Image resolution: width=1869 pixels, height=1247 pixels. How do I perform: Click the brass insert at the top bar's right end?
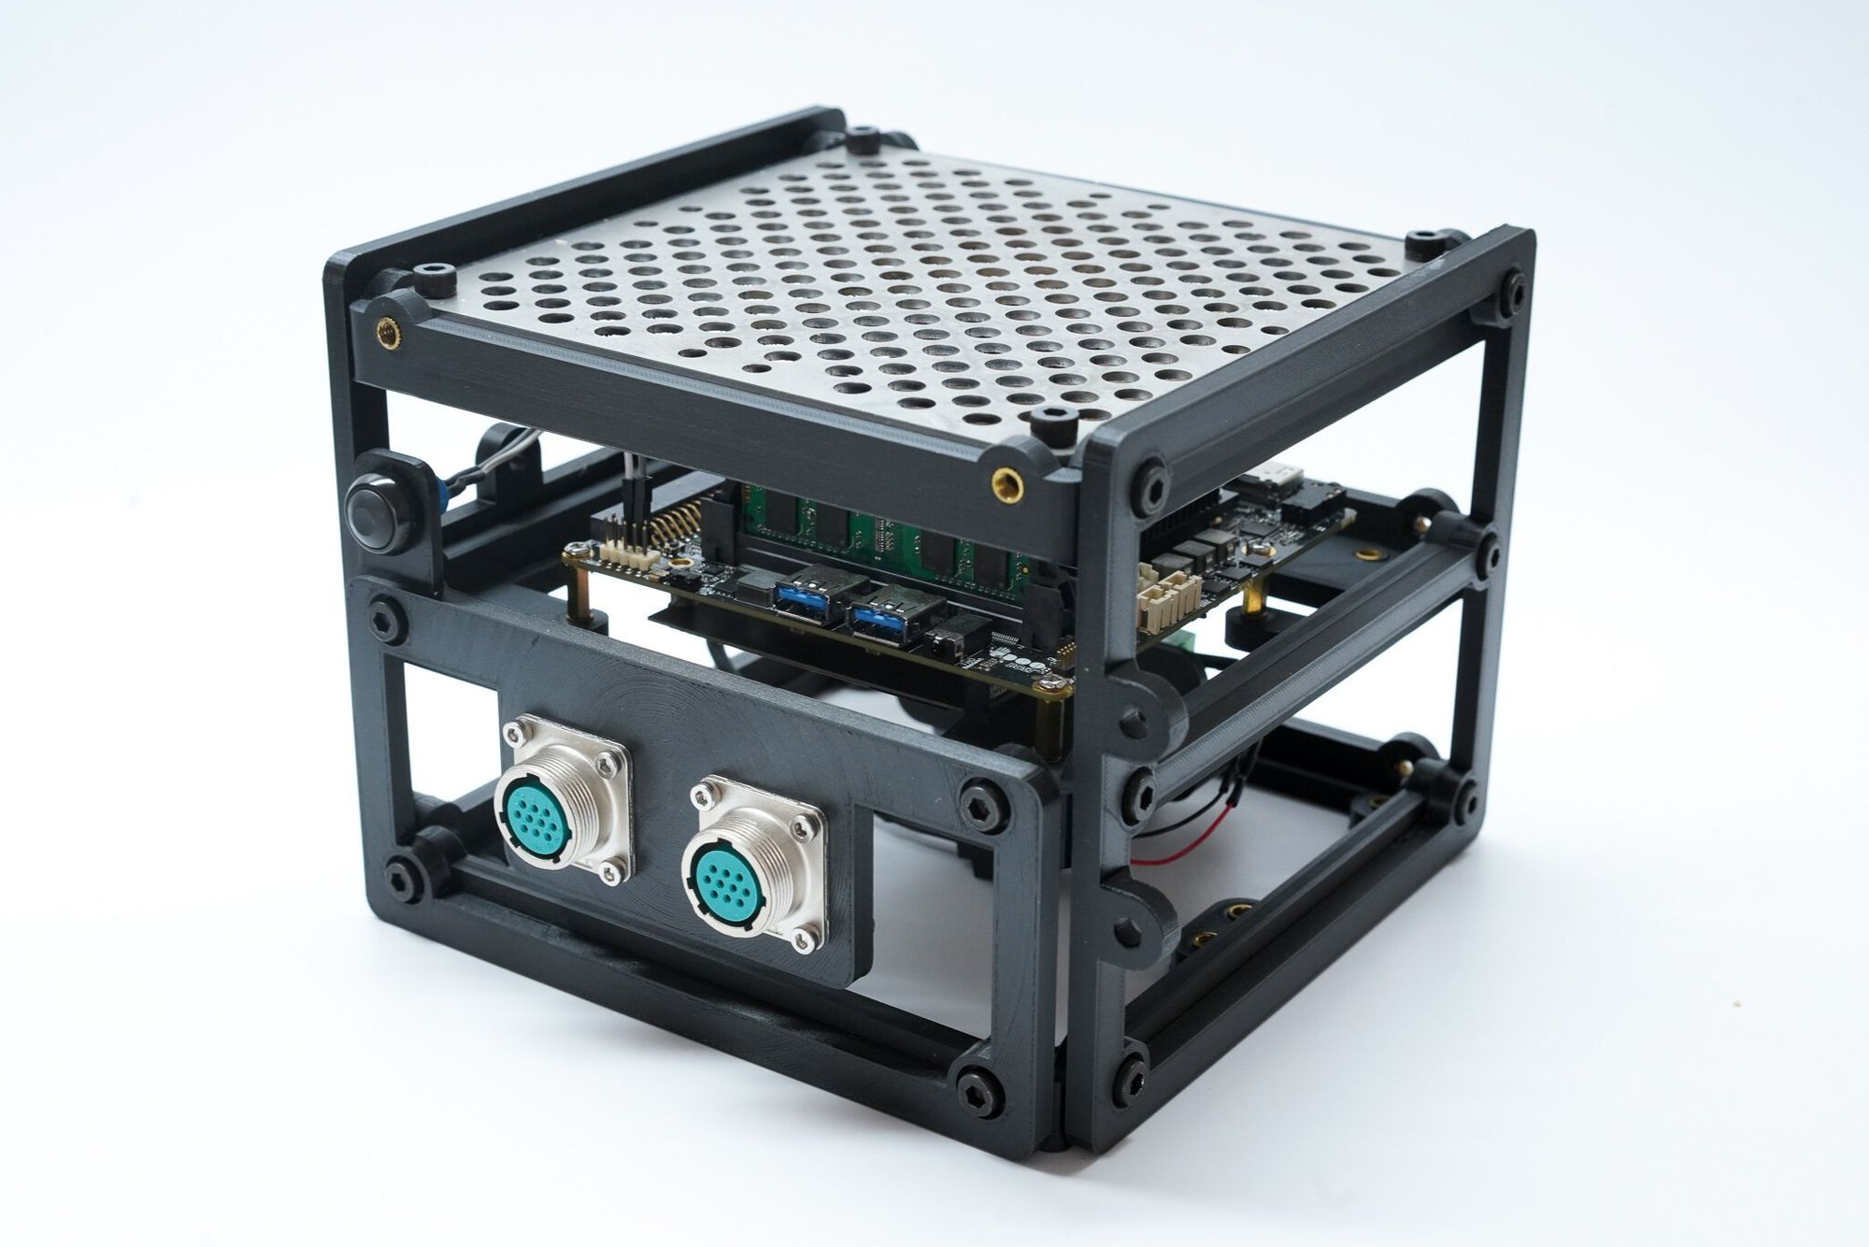(1006, 483)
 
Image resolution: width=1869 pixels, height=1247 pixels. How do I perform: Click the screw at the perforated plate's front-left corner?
(437, 278)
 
